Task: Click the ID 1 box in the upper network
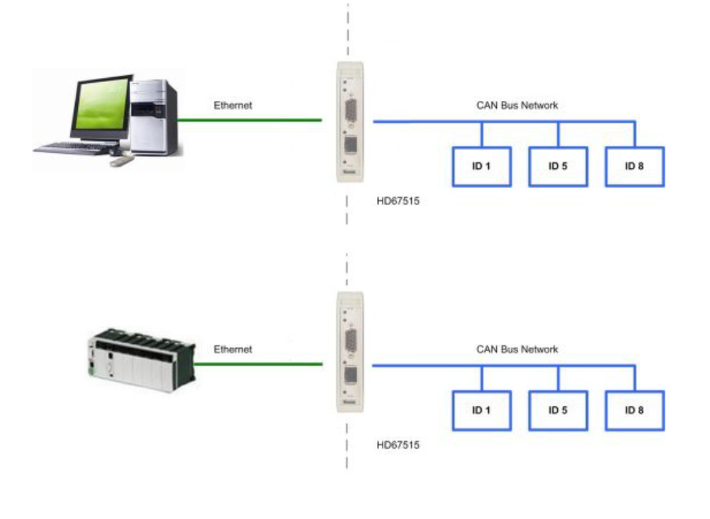[x=482, y=166]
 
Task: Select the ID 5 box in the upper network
[x=558, y=166]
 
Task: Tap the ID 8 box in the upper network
[x=634, y=166]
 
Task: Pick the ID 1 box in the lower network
[x=482, y=410]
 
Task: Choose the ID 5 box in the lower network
[x=558, y=410]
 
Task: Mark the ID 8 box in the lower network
[x=634, y=410]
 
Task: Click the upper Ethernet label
[x=233, y=105]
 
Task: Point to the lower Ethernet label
[x=233, y=349]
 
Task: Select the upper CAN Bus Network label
[x=517, y=105]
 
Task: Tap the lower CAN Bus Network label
[x=517, y=349]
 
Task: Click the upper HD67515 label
[x=398, y=201]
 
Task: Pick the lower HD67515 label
[x=398, y=445]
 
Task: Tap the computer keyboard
[x=75, y=148]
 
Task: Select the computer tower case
[x=153, y=117]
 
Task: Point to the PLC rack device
[x=141, y=360]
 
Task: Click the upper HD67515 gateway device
[x=350, y=121]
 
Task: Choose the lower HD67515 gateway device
[x=350, y=352]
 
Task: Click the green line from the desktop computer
[x=249, y=120]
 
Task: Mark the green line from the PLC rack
[x=258, y=364]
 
